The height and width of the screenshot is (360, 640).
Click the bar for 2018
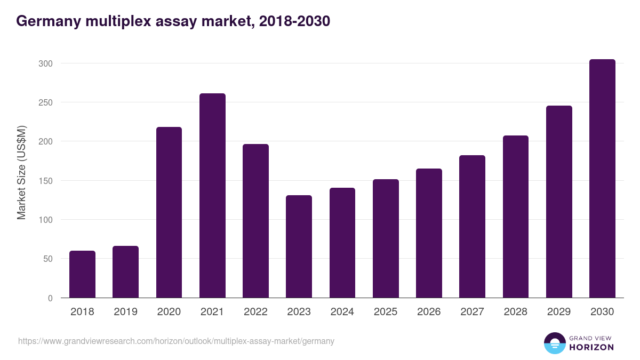click(x=82, y=274)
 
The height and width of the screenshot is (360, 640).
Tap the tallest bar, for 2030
click(x=602, y=179)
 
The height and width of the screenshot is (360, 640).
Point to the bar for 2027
click(x=472, y=227)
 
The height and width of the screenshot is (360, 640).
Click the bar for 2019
click(x=125, y=272)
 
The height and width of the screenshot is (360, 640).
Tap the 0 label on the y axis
click(x=50, y=298)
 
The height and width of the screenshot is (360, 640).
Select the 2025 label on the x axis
click(x=386, y=312)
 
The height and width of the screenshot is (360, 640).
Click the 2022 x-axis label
click(x=255, y=312)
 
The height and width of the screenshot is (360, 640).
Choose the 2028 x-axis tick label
click(x=516, y=312)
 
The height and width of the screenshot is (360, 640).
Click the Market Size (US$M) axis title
click(x=21, y=172)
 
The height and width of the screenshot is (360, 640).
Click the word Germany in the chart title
click(x=47, y=21)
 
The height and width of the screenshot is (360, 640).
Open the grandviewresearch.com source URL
click(x=176, y=341)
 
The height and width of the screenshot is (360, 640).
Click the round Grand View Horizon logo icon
click(x=555, y=343)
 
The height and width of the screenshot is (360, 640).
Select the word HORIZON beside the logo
click(x=591, y=347)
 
